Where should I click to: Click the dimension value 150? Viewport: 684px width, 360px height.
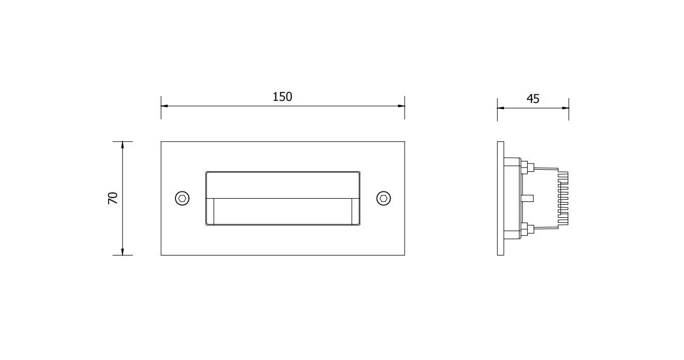point(282,97)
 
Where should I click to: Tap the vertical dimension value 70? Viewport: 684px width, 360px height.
point(113,198)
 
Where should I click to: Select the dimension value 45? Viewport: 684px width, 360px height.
point(533,99)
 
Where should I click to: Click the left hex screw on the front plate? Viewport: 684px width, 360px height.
point(182,199)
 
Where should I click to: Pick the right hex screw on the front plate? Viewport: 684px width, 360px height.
point(383,199)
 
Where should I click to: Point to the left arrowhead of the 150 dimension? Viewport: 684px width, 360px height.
point(165,106)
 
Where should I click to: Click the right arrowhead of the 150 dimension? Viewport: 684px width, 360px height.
point(401,106)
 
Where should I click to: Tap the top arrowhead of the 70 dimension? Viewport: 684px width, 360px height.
point(123,145)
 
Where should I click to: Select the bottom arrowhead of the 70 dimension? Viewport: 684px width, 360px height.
point(123,251)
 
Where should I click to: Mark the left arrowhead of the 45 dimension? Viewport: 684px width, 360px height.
point(501,108)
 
